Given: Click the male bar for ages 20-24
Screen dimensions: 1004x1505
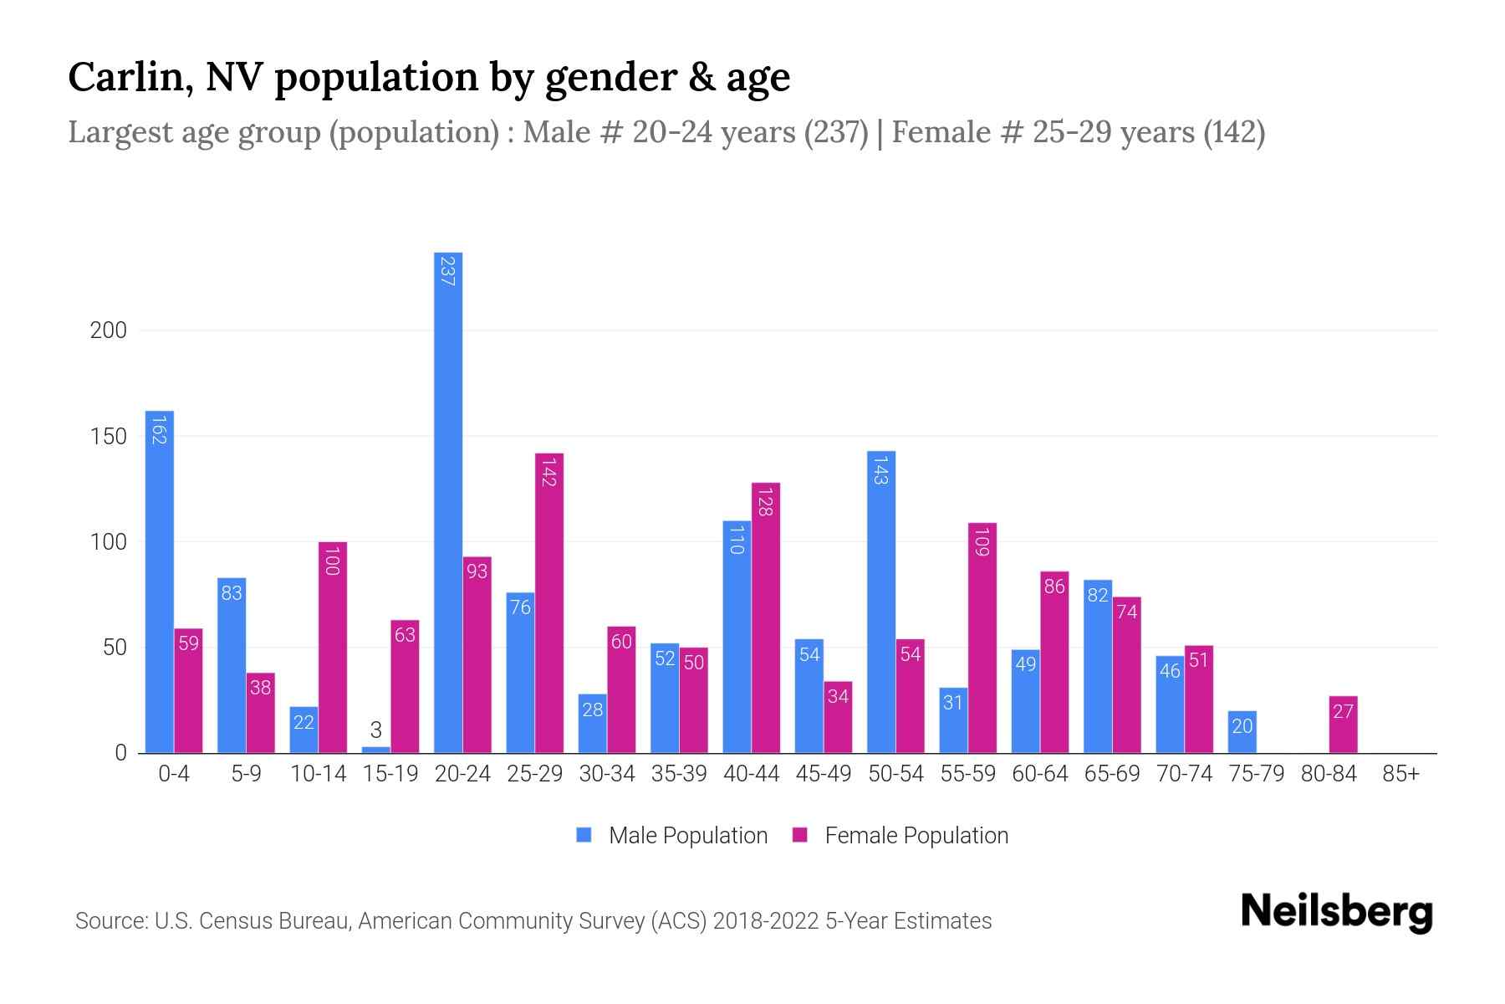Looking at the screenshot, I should [448, 502].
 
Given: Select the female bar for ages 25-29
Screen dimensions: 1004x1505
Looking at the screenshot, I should [549, 602].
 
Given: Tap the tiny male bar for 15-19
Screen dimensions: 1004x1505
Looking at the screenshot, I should [376, 750].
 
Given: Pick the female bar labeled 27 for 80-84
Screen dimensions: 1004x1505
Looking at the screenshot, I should [1343, 725].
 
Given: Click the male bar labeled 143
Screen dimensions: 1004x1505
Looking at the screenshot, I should [881, 602].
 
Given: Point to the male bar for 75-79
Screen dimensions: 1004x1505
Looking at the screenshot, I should [1242, 732].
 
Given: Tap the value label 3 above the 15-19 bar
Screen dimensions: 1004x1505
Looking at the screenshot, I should [376, 730].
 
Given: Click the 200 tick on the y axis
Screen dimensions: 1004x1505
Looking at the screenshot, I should [109, 330].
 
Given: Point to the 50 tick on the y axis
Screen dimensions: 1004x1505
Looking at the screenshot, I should [115, 648].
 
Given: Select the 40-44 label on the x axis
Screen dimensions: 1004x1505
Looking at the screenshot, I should [751, 774].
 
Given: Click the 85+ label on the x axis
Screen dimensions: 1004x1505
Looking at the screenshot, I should [1400, 774].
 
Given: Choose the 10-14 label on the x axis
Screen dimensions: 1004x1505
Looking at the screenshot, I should [318, 774].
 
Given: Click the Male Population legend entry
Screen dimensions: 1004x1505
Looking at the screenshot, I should [687, 836].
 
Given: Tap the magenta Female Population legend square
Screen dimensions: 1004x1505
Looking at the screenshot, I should [800, 835].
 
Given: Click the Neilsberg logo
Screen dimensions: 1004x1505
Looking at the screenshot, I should [1336, 912].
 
